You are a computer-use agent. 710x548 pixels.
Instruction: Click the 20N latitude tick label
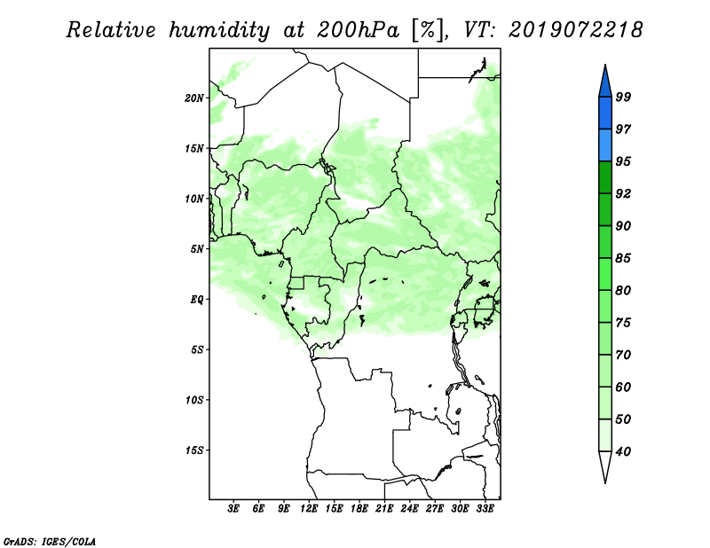pyautogui.click(x=194, y=98)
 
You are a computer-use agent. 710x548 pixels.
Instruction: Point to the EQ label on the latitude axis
pyautogui.click(x=197, y=300)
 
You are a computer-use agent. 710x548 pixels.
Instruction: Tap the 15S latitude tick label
pyautogui.click(x=194, y=450)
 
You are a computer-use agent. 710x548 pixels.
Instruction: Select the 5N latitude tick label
pyautogui.click(x=197, y=249)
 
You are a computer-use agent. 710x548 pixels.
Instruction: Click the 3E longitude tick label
pyautogui.click(x=233, y=509)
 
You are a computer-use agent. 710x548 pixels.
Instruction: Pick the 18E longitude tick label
pyautogui.click(x=359, y=509)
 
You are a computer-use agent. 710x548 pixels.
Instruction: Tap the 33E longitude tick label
pyautogui.click(x=485, y=509)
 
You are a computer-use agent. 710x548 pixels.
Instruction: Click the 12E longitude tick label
pyautogui.click(x=309, y=509)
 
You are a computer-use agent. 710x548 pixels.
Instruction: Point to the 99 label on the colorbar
pyautogui.click(x=623, y=97)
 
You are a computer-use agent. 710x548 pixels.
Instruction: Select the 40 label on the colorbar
pyautogui.click(x=623, y=451)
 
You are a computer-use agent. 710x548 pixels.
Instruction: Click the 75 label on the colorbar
pyautogui.click(x=623, y=322)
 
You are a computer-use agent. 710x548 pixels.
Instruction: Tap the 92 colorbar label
pyautogui.click(x=623, y=193)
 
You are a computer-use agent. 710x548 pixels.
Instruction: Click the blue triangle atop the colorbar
pyautogui.click(x=605, y=83)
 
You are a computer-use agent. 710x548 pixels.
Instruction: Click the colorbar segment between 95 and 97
pyautogui.click(x=605, y=145)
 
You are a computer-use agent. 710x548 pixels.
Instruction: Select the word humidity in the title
pyautogui.click(x=219, y=30)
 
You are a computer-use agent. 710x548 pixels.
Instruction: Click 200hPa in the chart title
pyautogui.click(x=358, y=30)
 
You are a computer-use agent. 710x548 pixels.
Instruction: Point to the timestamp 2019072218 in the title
pyautogui.click(x=575, y=30)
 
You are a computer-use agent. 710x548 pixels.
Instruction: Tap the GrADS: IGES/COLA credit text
pyautogui.click(x=50, y=541)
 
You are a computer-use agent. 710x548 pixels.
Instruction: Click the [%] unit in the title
pyautogui.click(x=428, y=30)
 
